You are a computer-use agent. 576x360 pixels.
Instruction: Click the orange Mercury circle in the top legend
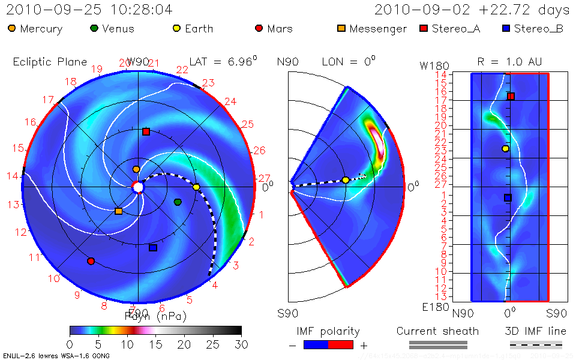point(12,29)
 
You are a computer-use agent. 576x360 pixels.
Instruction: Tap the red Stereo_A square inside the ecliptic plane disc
point(146,131)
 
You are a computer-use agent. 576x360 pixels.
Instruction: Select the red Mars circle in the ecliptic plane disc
point(91,261)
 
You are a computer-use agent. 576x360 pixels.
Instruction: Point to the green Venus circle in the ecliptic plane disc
point(178,202)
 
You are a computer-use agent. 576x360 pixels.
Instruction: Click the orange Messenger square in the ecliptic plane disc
point(118,211)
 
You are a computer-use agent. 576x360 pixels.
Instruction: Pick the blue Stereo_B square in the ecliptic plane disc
point(152,248)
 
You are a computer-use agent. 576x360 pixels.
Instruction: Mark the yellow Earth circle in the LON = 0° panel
point(346,180)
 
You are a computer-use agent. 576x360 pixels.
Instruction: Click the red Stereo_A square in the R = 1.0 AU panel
point(511,96)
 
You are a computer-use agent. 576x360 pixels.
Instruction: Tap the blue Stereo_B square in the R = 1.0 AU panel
point(508,197)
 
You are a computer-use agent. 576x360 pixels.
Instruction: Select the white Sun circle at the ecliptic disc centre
point(139,188)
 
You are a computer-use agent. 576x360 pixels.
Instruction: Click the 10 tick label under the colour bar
point(127,344)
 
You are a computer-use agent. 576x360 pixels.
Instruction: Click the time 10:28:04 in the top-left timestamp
point(138,10)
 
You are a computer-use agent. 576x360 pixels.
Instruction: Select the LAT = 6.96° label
point(223,62)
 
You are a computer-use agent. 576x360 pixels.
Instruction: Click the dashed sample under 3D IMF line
point(536,345)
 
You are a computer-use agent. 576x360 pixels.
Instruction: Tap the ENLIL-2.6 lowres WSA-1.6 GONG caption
point(56,356)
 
